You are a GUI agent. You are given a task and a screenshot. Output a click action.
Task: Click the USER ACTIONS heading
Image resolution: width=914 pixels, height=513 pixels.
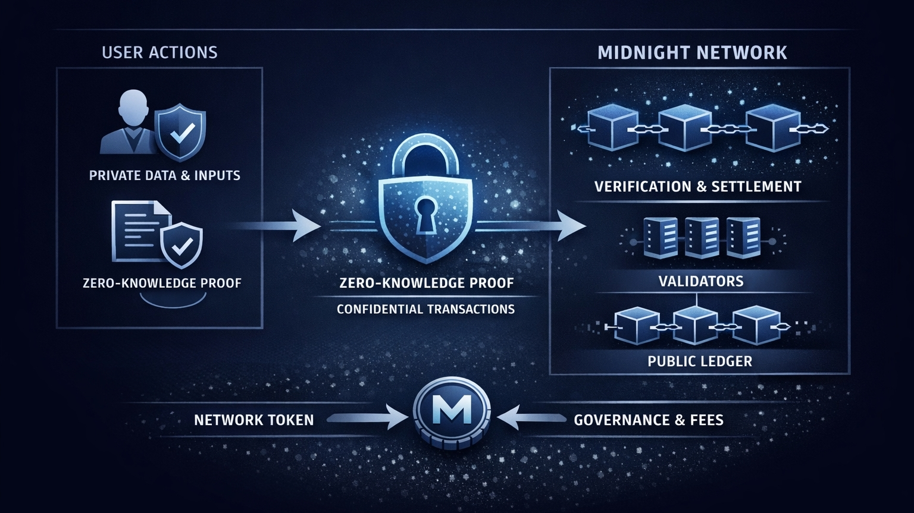[x=159, y=52]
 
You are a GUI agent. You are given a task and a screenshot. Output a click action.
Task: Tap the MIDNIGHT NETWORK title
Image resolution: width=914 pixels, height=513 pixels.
[x=692, y=53]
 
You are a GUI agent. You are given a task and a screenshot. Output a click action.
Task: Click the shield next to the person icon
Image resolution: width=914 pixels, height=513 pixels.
[x=180, y=132]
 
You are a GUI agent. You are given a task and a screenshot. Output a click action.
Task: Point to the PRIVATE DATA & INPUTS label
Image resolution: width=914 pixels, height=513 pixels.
[x=165, y=175]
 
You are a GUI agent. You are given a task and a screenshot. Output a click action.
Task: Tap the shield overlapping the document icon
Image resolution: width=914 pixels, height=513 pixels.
[x=181, y=244]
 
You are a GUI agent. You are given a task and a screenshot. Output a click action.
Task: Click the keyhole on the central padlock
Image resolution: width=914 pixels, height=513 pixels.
[x=425, y=214]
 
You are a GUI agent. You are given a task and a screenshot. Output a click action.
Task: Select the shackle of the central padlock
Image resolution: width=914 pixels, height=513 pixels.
[x=425, y=157]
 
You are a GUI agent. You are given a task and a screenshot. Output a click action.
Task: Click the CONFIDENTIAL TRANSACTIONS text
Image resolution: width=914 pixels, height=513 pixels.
[x=425, y=309]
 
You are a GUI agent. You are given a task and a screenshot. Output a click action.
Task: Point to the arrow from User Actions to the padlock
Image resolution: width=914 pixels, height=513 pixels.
[x=280, y=226]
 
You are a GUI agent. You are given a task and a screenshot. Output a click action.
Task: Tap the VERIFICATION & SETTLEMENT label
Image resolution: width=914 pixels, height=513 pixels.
[x=698, y=187]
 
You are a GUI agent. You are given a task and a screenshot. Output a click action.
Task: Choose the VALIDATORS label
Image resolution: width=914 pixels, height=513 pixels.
[x=700, y=281]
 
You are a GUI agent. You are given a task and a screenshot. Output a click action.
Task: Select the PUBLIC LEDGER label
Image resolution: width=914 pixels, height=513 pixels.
[x=700, y=361]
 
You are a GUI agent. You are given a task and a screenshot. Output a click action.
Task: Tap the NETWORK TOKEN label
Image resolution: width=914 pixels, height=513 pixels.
[x=253, y=420]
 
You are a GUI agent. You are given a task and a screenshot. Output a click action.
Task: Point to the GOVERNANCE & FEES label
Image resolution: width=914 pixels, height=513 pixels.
[x=649, y=420]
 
